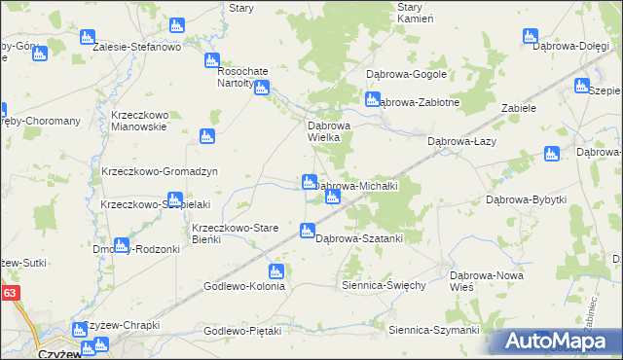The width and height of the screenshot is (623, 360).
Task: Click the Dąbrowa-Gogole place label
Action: point(406,74)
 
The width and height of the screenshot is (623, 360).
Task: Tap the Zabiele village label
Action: point(519,108)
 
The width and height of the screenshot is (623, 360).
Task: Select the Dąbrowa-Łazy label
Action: point(463,141)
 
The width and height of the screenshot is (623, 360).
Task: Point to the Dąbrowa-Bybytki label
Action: point(526,199)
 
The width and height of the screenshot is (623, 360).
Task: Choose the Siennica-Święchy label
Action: point(384,286)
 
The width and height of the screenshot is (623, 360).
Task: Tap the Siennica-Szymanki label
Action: point(434,330)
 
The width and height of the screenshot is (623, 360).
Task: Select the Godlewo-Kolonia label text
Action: point(244,286)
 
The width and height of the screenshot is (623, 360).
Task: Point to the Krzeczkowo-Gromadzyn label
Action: point(159,171)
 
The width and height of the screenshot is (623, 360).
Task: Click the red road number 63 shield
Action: point(10,291)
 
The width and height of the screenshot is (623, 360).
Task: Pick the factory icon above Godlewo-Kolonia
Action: point(277,270)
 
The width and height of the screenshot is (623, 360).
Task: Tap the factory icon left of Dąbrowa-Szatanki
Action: point(308,232)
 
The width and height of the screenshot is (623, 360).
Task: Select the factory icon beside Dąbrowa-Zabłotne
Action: point(372,98)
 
